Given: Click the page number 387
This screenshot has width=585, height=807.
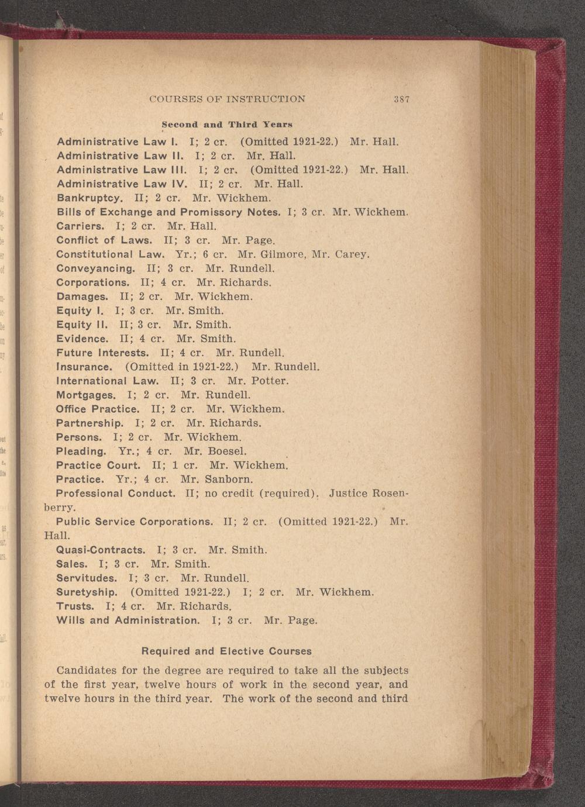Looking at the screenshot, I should (401, 99).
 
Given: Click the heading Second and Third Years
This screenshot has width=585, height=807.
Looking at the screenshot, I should (227, 125).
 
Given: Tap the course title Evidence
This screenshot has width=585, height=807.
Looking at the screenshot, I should (82, 339).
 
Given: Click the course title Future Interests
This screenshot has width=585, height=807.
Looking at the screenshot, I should (103, 353).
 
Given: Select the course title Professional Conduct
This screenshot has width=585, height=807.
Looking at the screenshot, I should (116, 494).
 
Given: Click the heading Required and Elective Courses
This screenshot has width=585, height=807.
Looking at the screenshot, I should (227, 651).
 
